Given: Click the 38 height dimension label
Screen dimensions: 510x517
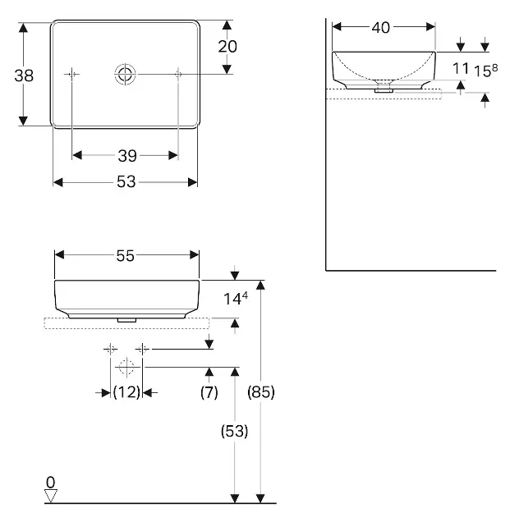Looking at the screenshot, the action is tap(24, 75).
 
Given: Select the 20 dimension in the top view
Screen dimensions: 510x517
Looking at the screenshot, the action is tap(227, 47).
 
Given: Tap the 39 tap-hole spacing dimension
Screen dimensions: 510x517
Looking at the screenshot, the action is tap(127, 156).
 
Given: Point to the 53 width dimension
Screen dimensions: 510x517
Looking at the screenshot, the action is tap(126, 181).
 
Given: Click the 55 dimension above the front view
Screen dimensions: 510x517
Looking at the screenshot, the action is tap(126, 255).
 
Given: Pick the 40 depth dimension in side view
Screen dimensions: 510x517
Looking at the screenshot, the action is tap(381, 28).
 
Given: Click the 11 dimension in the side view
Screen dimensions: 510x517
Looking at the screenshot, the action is tap(461, 69).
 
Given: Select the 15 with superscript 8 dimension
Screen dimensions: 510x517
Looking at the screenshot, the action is tap(485, 71).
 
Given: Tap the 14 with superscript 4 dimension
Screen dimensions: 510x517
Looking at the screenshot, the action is tap(236, 299).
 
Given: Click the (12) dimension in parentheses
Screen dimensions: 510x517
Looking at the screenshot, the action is tap(126, 392).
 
